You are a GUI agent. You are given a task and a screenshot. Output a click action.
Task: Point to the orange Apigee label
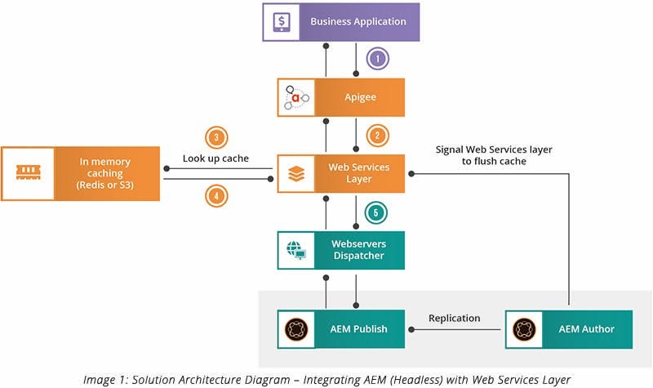(x=360, y=97)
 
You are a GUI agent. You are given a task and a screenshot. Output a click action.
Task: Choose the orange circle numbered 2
(x=376, y=136)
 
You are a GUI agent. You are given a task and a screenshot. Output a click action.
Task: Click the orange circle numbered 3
(x=215, y=138)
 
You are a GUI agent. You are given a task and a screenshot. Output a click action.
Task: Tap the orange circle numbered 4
(x=215, y=197)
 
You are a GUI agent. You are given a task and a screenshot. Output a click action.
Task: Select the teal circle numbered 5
(x=376, y=212)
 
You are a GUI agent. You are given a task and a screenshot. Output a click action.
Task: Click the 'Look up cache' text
(x=215, y=157)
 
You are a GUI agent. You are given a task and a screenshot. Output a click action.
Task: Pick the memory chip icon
(x=28, y=173)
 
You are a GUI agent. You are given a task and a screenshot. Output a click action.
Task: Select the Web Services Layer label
(x=360, y=173)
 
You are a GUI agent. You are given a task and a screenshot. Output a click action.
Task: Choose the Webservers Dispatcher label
(x=360, y=250)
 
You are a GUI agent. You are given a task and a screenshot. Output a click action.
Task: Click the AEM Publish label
(x=359, y=328)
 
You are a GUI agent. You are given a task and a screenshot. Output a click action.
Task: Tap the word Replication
(x=455, y=318)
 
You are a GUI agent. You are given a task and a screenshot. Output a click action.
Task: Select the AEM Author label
(x=586, y=328)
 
